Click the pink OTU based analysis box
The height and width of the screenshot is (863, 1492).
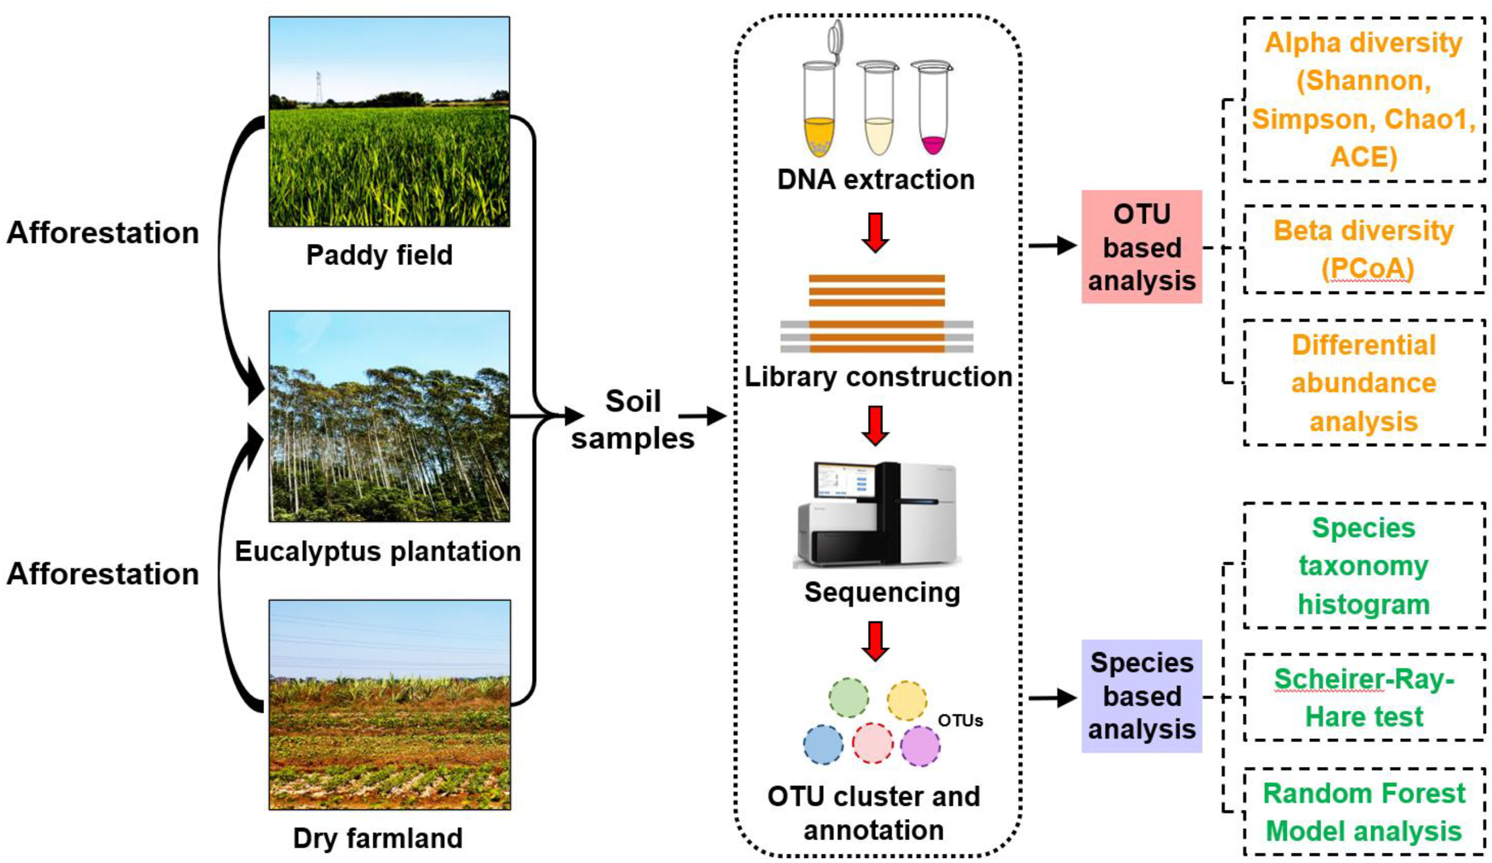(1141, 246)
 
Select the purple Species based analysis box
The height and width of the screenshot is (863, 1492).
(1141, 696)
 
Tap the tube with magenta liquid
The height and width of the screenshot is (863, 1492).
(932, 109)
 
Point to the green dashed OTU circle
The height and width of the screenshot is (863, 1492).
(848, 698)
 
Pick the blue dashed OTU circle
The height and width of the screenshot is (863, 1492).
(823, 745)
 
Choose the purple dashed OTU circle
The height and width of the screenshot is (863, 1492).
(920, 746)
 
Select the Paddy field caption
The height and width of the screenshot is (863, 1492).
(379, 255)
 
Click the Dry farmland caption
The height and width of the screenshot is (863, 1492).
(378, 838)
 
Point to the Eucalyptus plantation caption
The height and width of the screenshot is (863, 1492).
(378, 551)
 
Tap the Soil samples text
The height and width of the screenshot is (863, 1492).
(632, 419)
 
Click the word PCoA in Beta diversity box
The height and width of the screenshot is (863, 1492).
(1367, 268)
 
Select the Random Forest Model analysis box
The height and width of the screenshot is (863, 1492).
(1364, 812)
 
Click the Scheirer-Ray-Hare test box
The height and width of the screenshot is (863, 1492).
(1364, 697)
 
